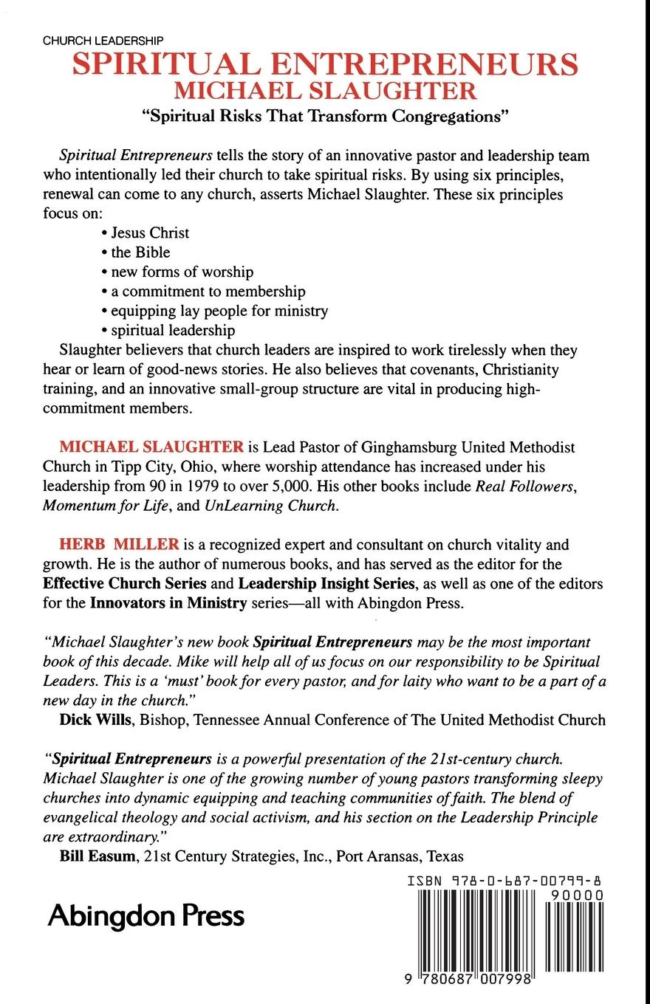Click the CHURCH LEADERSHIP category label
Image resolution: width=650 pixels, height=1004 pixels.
pos(103,42)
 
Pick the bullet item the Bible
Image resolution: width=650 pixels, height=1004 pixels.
pos(140,252)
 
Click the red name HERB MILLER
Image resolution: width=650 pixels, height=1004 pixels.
pos(119,546)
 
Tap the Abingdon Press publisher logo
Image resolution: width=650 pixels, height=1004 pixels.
pos(146,916)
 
